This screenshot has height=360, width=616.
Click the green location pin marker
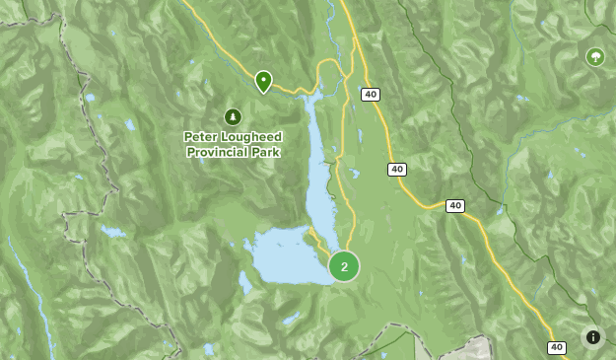[263, 81]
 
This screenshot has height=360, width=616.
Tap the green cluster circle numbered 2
[344, 266]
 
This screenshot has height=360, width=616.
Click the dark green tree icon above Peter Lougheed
[233, 117]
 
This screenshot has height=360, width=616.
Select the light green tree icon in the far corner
[595, 57]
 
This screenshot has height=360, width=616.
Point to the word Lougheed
[250, 137]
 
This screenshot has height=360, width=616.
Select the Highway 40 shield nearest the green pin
[370, 95]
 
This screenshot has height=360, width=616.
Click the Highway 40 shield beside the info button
[557, 347]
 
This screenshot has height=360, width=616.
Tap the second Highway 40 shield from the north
[396, 170]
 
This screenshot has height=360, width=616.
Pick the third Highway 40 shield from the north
[454, 206]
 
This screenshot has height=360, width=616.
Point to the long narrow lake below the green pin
[319, 168]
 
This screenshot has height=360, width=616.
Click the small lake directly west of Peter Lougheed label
[129, 125]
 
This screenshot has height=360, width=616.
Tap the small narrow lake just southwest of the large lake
[244, 283]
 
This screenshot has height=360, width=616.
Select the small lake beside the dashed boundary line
[111, 233]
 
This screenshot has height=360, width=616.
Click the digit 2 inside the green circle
[344, 266]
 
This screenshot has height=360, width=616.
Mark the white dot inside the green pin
[263, 78]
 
